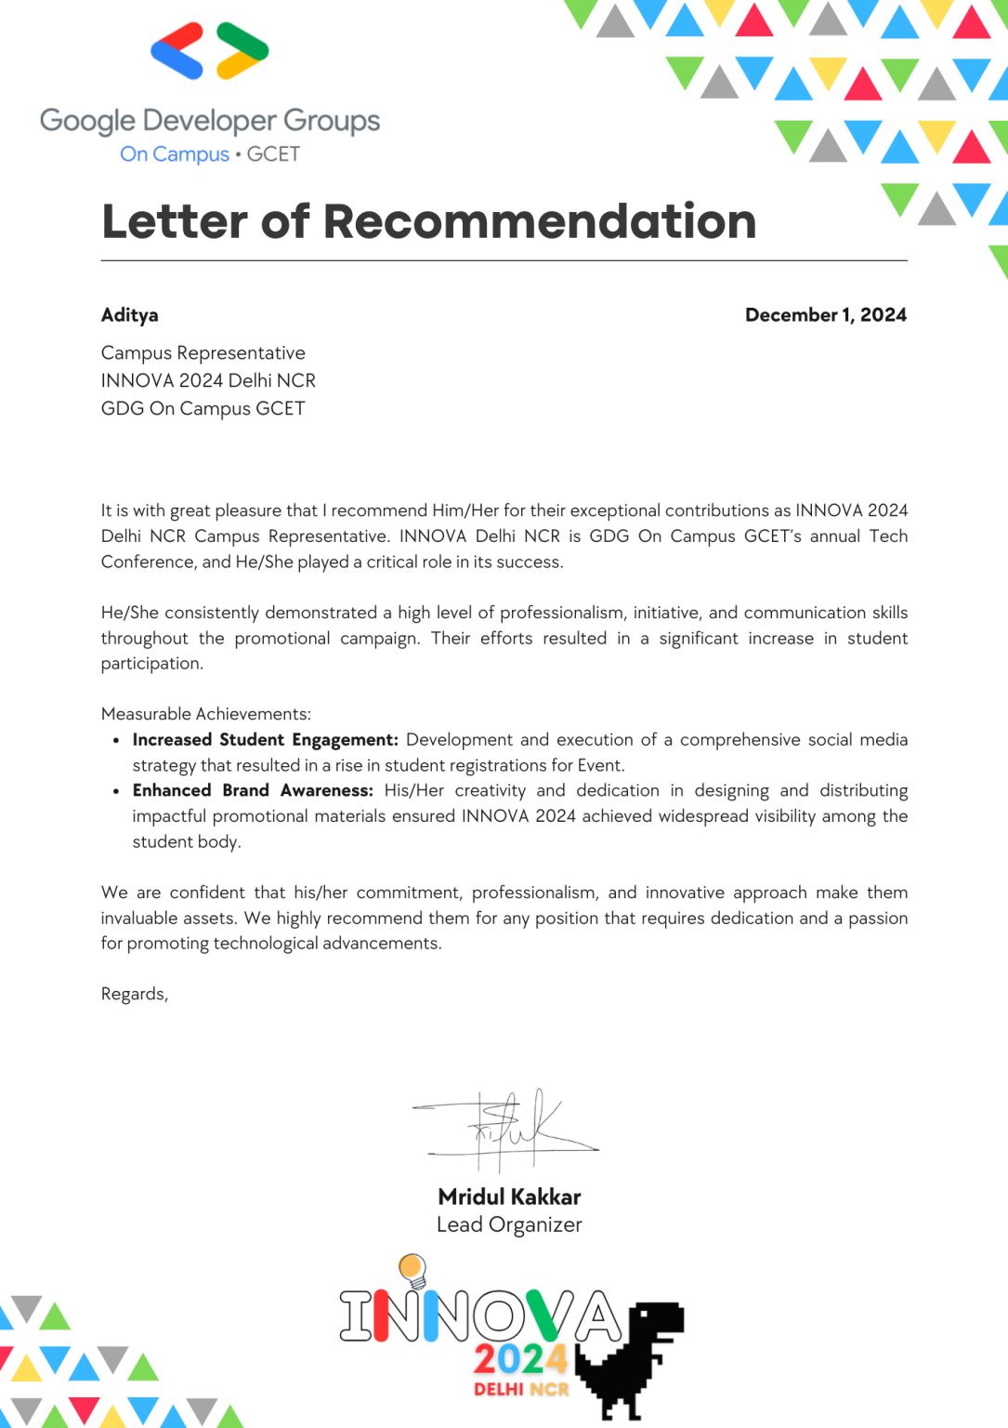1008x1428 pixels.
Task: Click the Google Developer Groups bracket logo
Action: pyautogui.click(x=210, y=51)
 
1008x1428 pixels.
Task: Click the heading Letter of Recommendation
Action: pyautogui.click(x=428, y=221)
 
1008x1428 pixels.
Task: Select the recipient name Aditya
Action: pyautogui.click(x=129, y=315)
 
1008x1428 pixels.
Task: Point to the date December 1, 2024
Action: pyautogui.click(x=825, y=315)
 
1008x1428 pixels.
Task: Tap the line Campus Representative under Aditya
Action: pyautogui.click(x=203, y=353)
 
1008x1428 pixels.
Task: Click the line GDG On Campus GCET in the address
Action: pyautogui.click(x=203, y=409)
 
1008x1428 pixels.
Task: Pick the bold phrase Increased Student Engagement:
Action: pyautogui.click(x=265, y=740)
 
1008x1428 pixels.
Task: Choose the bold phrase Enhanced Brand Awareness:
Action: pyautogui.click(x=252, y=790)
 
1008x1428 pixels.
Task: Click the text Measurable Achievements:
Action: pyautogui.click(x=205, y=714)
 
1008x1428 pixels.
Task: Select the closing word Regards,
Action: pyautogui.click(x=134, y=994)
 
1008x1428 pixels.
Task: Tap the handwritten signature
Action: pyautogui.click(x=506, y=1129)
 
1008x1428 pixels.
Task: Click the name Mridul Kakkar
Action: pyautogui.click(x=509, y=1197)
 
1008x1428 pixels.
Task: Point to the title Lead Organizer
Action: pyautogui.click(x=509, y=1225)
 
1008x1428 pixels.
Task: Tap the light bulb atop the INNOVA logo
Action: pyautogui.click(x=412, y=1269)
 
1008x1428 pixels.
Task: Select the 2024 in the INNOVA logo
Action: pyautogui.click(x=519, y=1360)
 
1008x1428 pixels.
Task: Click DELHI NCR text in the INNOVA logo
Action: pyautogui.click(x=520, y=1389)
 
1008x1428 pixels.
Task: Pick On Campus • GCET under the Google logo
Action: pyautogui.click(x=210, y=154)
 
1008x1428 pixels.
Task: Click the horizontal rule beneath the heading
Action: pyautogui.click(x=504, y=261)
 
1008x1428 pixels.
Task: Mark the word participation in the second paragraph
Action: pyautogui.click(x=151, y=664)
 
